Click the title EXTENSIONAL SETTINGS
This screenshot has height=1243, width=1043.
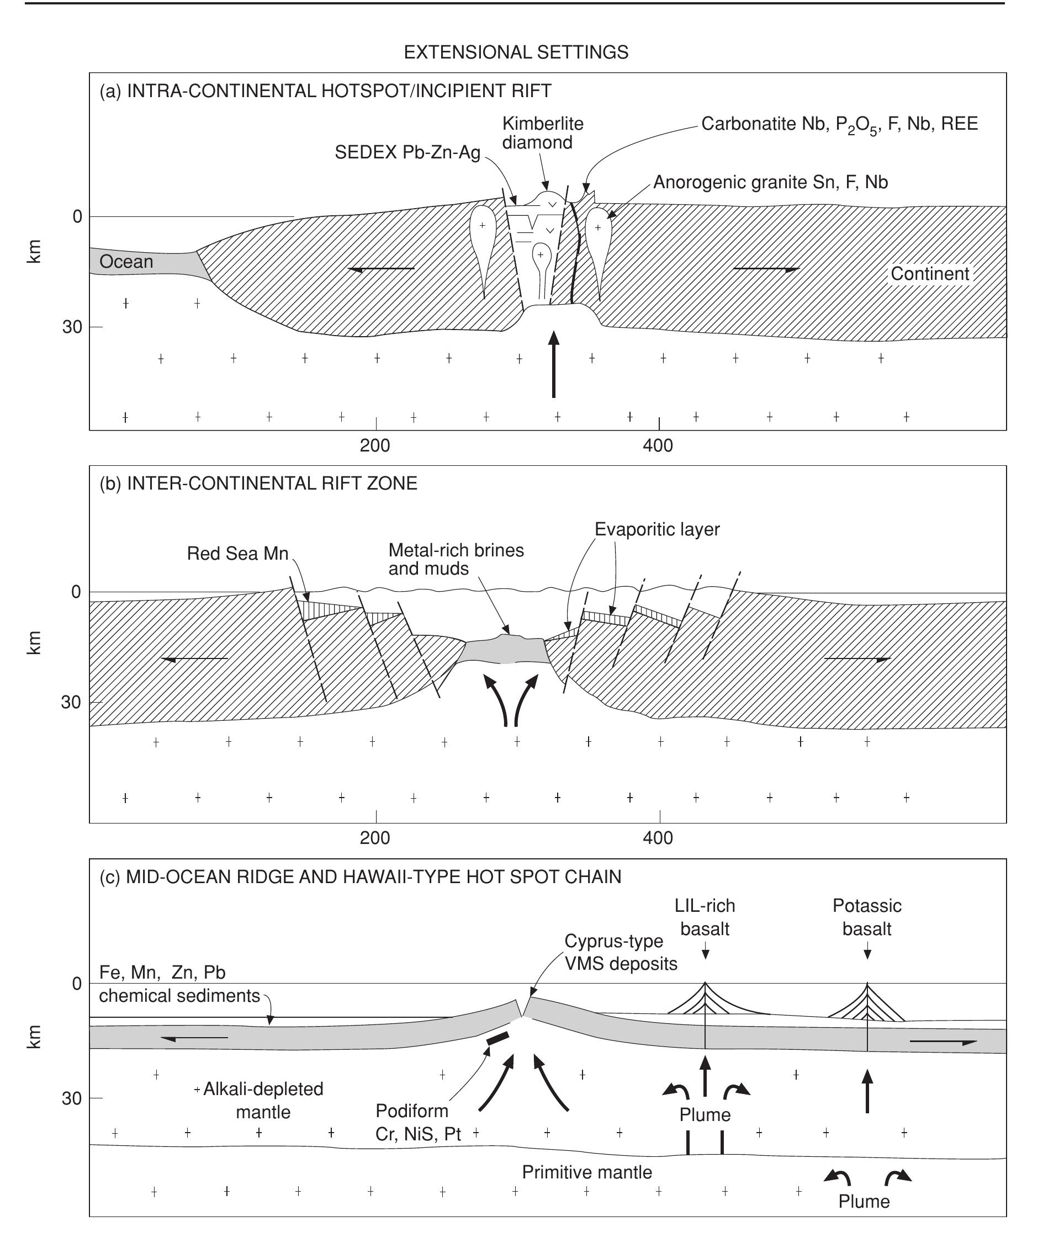[x=516, y=52]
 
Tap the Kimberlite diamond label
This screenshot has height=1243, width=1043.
[x=542, y=133]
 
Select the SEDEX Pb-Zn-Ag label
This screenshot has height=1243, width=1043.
[x=407, y=153]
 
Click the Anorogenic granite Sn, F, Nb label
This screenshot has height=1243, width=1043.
[x=770, y=182]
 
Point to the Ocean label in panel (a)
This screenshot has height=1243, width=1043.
[x=126, y=262]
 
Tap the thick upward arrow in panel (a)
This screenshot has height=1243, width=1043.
[x=553, y=364]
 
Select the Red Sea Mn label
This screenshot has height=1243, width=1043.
[x=237, y=554]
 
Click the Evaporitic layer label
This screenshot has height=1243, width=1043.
[x=657, y=529]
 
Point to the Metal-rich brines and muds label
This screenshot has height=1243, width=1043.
[x=456, y=559]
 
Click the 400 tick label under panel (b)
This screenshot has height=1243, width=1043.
[x=658, y=838]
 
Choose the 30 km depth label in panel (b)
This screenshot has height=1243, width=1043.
[x=71, y=703]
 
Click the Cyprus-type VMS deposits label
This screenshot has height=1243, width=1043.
[x=621, y=952]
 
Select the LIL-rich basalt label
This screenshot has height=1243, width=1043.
[x=705, y=917]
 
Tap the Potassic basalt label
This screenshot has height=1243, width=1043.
[x=867, y=917]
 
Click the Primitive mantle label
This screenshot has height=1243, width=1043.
[x=586, y=1172]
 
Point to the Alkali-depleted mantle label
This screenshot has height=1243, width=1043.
[x=263, y=1101]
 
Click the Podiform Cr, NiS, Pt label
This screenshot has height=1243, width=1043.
[x=418, y=1122]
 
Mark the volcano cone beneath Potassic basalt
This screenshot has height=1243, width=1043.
[x=867, y=1005]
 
